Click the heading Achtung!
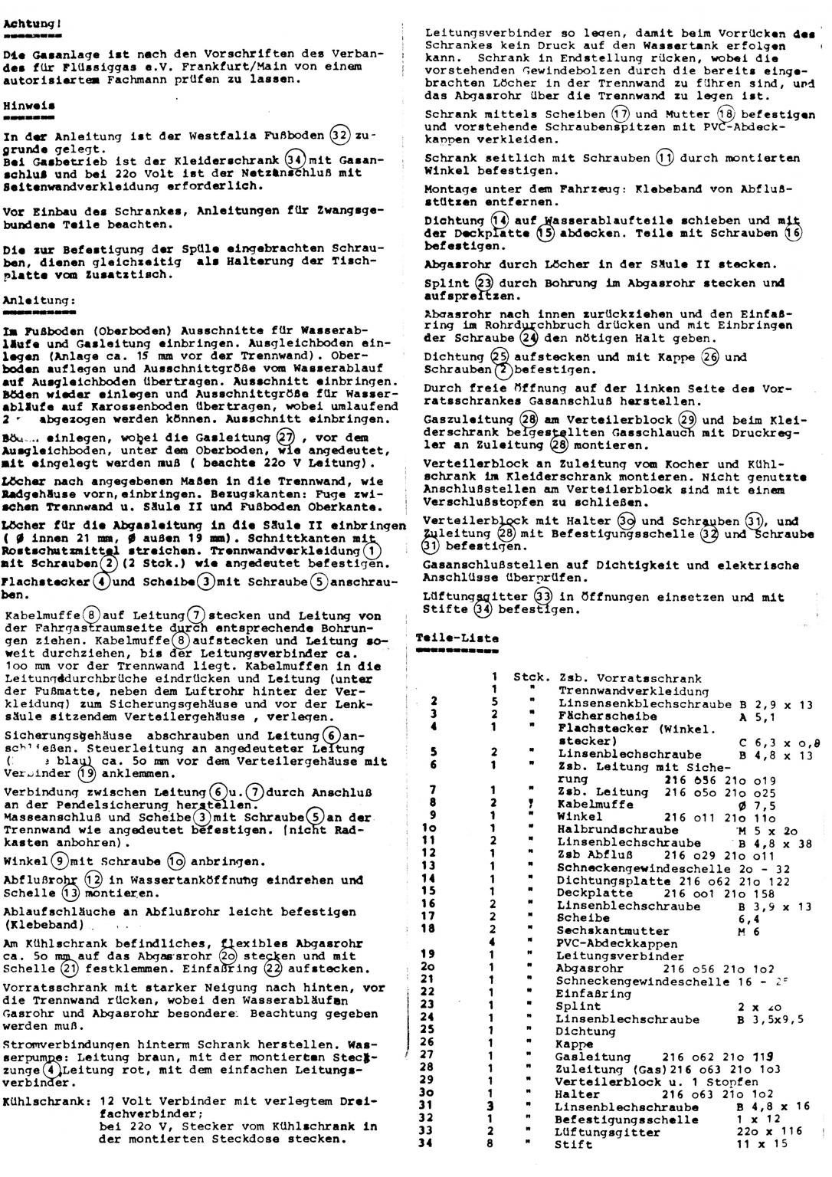[32, 24]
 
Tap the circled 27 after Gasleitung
[285, 438]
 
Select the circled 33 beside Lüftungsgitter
[542, 596]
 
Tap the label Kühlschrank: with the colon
[45, 1101]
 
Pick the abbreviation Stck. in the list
[531, 678]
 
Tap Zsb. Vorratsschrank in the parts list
[630, 678]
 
